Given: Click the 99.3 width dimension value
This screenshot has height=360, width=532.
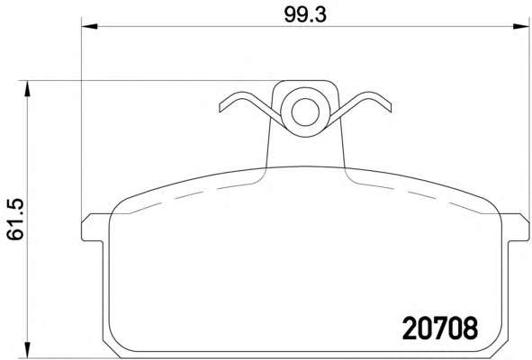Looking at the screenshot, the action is pyautogui.click(x=305, y=15).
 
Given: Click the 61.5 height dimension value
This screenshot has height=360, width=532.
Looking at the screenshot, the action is pyautogui.click(x=15, y=220).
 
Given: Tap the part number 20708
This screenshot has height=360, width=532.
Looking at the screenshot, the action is pyautogui.click(x=440, y=328).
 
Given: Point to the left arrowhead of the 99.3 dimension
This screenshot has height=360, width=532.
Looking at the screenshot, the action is pyautogui.click(x=90, y=26).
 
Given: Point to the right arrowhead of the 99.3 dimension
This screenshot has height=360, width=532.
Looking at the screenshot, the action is pyautogui.click(x=521, y=26).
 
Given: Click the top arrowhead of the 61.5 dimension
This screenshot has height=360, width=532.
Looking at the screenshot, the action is pyautogui.click(x=27, y=88).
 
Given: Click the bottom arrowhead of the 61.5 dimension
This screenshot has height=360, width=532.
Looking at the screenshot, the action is pyautogui.click(x=27, y=350).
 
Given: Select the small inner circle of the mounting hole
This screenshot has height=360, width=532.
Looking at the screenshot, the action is pyautogui.click(x=305, y=112).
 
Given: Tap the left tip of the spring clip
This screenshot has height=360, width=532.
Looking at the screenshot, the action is pyautogui.click(x=221, y=108).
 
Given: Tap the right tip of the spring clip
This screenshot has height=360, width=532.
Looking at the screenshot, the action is pyautogui.click(x=390, y=108).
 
